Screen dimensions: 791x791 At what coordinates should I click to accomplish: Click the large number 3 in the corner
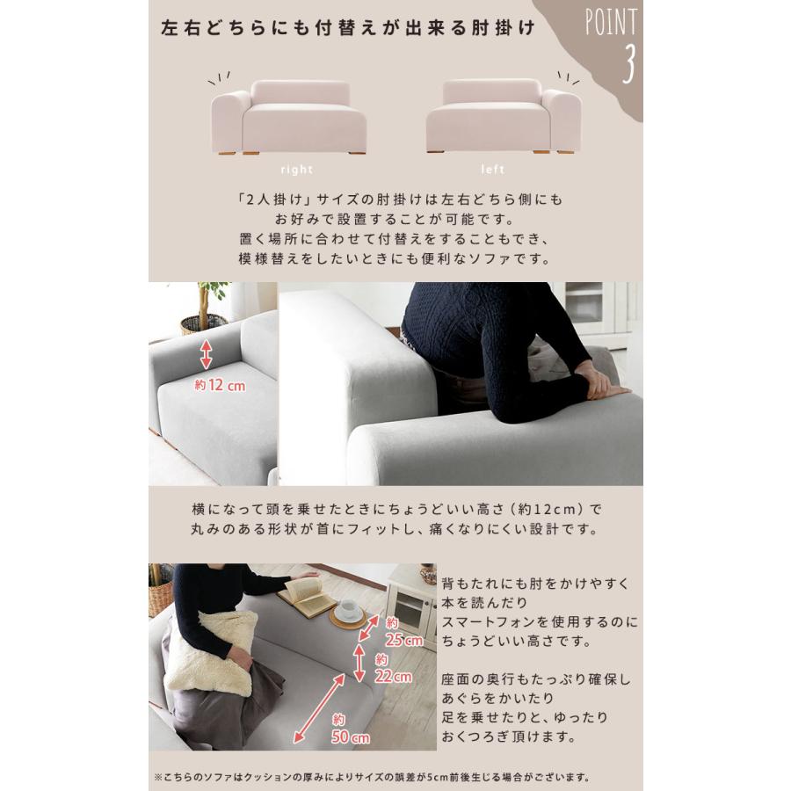tap(627, 64)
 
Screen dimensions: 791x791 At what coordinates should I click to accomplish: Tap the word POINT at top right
tap(612, 23)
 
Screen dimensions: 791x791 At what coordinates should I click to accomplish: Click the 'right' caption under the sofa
tap(296, 170)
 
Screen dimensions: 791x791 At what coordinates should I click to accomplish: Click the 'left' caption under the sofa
tap(493, 170)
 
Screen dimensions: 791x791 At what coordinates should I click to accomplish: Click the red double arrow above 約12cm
tap(206, 354)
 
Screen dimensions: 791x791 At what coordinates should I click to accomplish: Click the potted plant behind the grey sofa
tap(205, 308)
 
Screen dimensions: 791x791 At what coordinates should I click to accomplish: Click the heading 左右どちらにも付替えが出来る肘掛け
tap(347, 27)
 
